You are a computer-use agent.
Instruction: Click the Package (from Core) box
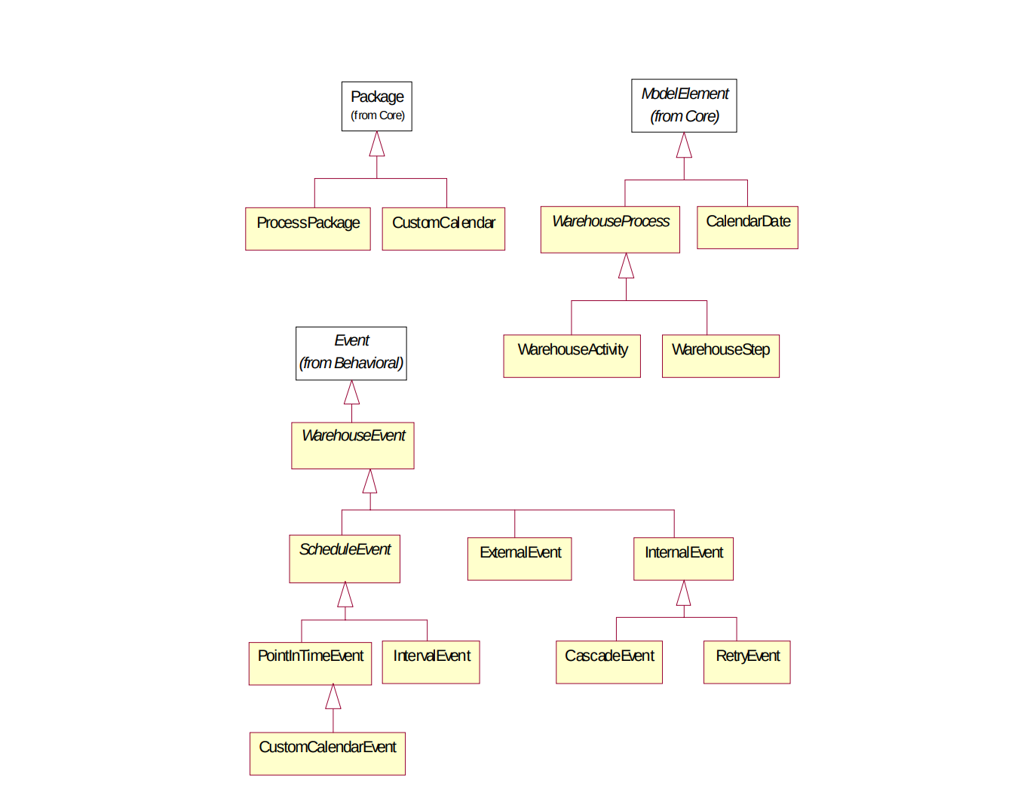376,106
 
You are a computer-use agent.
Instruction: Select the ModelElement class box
684,106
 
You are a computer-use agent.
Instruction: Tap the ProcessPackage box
308,229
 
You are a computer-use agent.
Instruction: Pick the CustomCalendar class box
443,229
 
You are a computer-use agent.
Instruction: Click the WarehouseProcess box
610,229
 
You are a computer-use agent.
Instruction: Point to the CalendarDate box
747,227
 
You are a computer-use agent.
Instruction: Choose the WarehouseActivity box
572,356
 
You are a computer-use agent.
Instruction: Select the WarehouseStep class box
720,356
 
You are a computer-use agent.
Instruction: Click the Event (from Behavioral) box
351,353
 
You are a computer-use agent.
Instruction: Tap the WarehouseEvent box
352,445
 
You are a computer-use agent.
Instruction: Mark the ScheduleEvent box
345,559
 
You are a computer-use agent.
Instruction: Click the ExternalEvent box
520,558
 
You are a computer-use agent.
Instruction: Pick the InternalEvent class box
683,558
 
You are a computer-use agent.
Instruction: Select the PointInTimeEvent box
310,663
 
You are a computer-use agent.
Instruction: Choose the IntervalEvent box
431,662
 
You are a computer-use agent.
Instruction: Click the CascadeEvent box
608,662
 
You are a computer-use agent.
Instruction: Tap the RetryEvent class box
746,662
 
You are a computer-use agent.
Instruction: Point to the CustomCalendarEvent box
327,754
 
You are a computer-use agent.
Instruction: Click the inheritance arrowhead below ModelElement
684,146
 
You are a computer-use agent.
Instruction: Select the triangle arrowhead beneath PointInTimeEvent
333,697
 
